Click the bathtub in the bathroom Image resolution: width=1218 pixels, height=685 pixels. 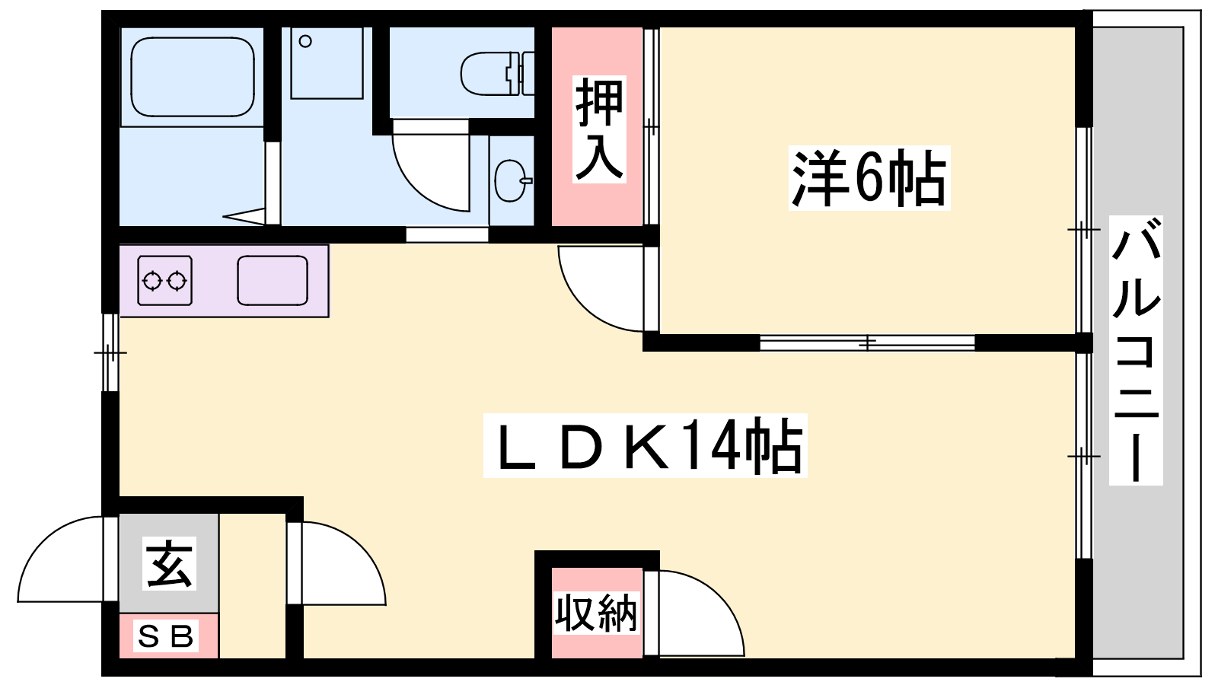tap(192, 76)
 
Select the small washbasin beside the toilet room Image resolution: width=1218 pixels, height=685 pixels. tap(510, 180)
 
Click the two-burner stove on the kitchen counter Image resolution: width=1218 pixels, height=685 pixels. tap(164, 281)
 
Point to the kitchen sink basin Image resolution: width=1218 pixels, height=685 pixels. tap(272, 281)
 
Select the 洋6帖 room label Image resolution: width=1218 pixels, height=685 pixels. tap(869, 178)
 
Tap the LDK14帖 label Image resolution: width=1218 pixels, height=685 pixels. tap(645, 446)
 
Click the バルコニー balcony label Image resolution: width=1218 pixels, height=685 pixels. tap(1135, 350)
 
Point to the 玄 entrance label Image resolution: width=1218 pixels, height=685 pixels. tap(169, 563)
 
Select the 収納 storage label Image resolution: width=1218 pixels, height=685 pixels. tap(595, 613)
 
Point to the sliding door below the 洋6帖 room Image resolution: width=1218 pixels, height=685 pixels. tap(868, 343)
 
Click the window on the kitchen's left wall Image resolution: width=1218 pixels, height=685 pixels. tap(111, 352)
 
